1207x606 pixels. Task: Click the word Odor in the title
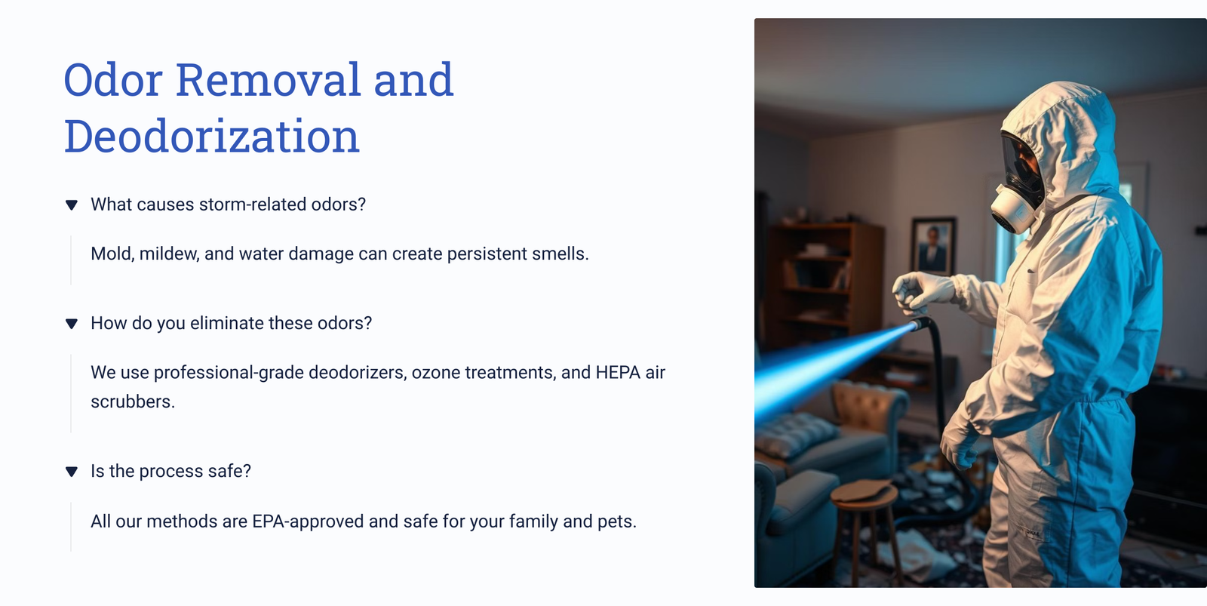[113, 80]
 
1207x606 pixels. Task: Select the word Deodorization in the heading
[212, 136]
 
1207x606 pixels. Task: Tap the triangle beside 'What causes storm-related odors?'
[72, 205]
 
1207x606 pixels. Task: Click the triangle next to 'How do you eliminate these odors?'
[72, 324]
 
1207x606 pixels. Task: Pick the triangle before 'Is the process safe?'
[72, 471]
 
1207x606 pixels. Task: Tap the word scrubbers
[133, 401]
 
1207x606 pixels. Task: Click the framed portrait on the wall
[932, 246]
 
